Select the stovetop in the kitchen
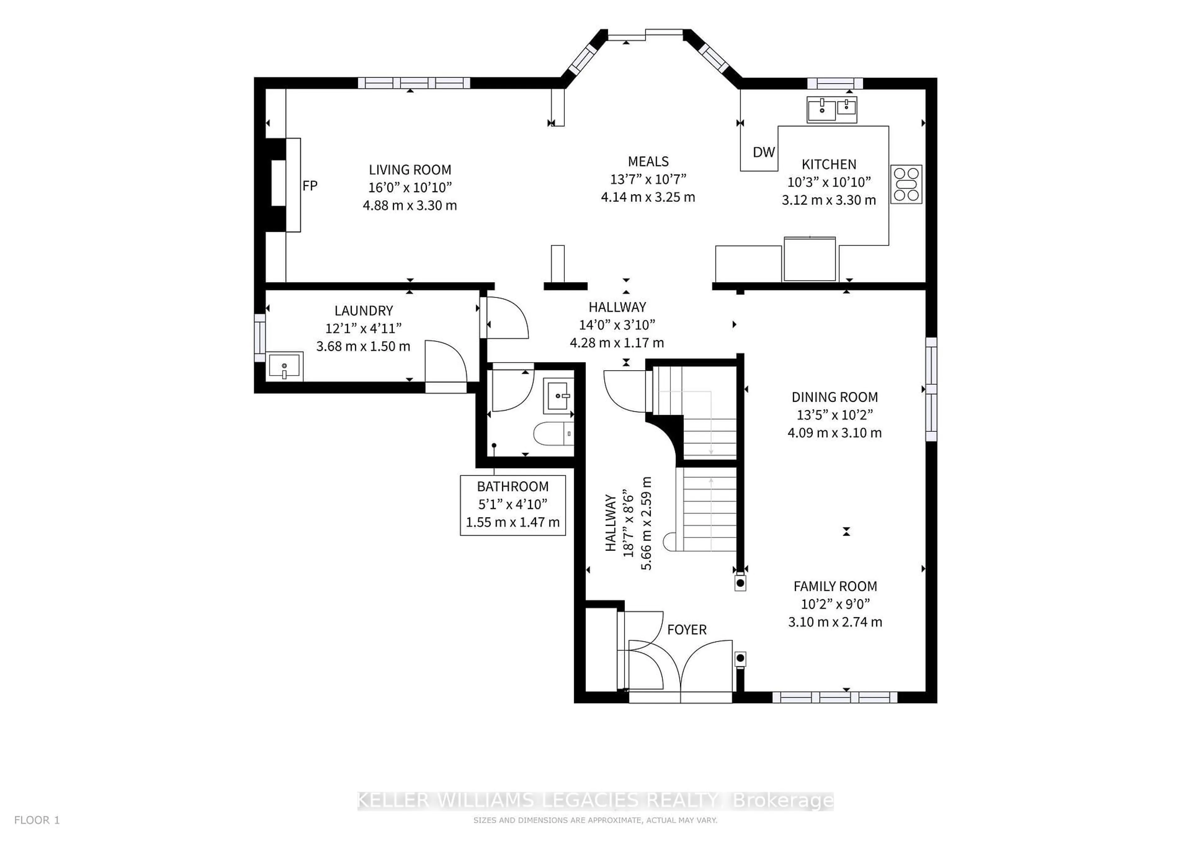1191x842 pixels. pos(906,184)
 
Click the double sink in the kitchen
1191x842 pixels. pos(832,109)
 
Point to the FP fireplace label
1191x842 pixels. pos(310,186)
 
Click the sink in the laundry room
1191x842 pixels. pos(284,366)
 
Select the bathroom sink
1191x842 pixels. pos(558,396)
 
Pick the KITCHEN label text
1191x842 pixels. pos(829,164)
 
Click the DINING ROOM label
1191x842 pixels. pos(835,397)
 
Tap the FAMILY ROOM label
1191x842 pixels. pos(835,587)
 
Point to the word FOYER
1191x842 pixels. pos(687,630)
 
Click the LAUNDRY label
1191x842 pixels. pos(364,311)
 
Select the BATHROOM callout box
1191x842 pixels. pos(512,505)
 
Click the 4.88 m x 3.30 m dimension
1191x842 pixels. pos(410,205)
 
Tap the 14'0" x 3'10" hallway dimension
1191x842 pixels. pos(617,325)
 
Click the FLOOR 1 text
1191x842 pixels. pos(37,820)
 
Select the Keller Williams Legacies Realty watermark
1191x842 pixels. pos(595,801)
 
